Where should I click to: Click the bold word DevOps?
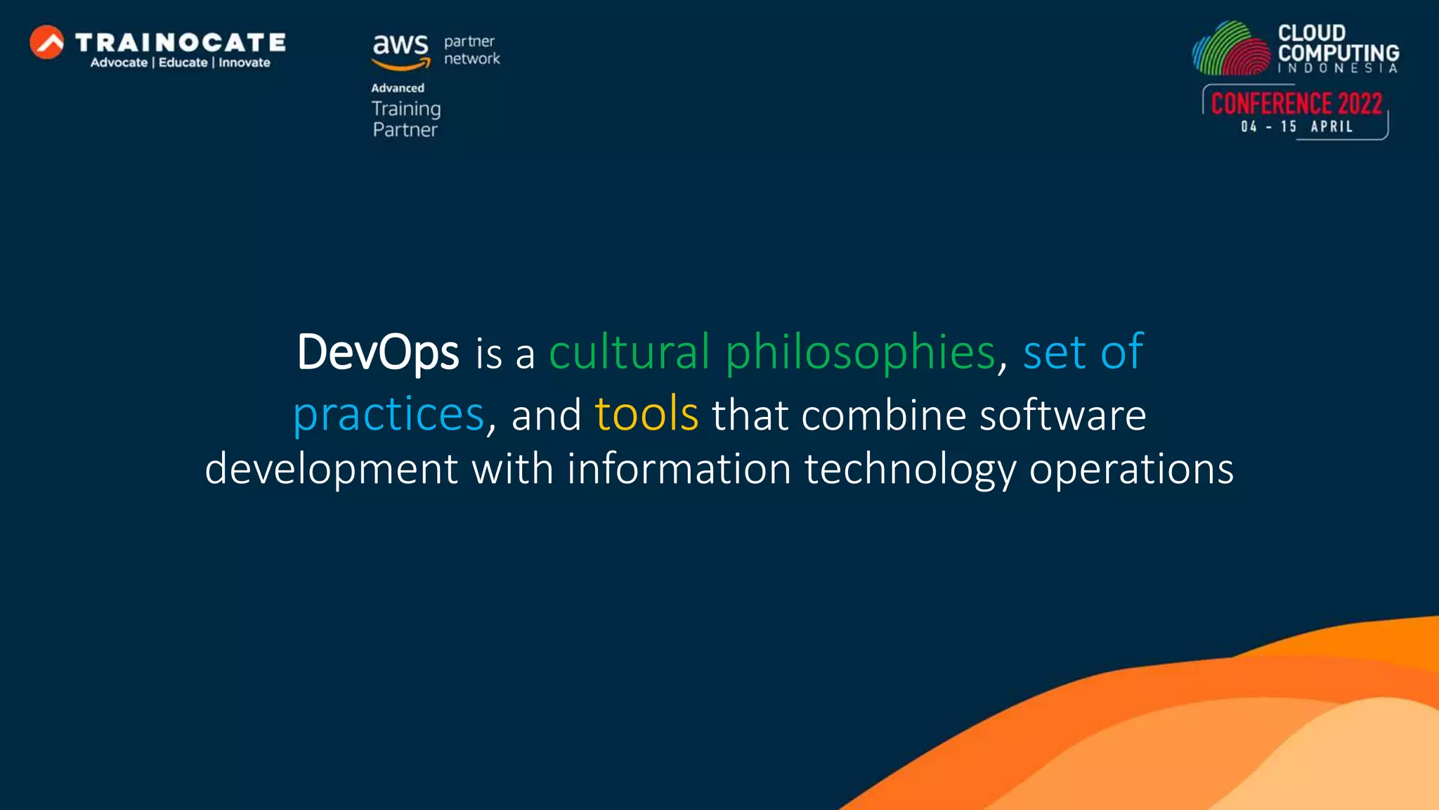click(377, 352)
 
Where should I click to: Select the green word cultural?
click(629, 352)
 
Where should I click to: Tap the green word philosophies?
click(860, 352)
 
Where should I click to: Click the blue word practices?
click(389, 414)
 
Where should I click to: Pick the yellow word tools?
click(646, 414)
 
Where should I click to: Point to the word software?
click(1062, 415)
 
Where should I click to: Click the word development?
click(331, 469)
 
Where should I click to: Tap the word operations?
click(1131, 470)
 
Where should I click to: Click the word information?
click(679, 469)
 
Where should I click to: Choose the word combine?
click(883, 415)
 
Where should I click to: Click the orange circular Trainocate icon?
click(47, 42)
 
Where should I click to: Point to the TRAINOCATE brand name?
click(181, 42)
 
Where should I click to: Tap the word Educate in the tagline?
click(183, 63)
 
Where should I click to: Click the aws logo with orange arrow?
click(401, 51)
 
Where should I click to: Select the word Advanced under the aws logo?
click(398, 88)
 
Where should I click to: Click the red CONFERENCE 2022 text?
click(1296, 104)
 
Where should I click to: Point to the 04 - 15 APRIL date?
click(1296, 127)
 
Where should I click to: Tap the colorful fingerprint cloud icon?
click(1232, 49)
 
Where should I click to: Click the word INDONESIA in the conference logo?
click(1337, 68)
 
